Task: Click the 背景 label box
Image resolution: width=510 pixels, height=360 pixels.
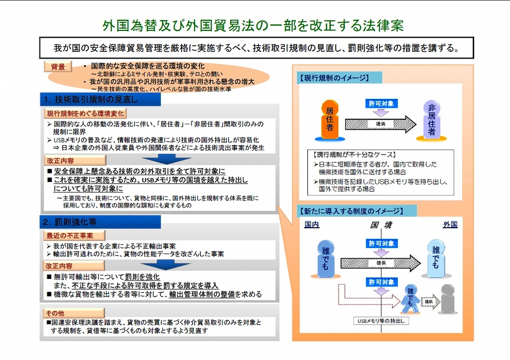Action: coord(58,67)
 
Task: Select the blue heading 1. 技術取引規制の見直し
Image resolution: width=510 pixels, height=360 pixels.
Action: coord(100,99)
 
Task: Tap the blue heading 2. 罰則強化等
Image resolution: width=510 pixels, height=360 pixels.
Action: coord(100,222)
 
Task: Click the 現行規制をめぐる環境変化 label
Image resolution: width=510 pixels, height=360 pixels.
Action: coord(85,113)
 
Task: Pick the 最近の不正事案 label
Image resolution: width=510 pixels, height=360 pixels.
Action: coord(74,235)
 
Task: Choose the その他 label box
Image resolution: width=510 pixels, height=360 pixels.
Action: coord(74,313)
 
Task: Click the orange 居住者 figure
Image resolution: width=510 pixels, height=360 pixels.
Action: coord(330,120)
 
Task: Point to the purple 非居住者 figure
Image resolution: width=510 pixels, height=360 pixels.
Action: coord(431,120)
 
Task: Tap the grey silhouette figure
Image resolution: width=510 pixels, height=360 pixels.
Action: coord(448,299)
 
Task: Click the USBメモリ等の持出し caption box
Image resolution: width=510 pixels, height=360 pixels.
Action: coord(381,321)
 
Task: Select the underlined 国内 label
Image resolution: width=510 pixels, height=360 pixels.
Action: coord(312,224)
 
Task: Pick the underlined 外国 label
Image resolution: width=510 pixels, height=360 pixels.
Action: coord(450,224)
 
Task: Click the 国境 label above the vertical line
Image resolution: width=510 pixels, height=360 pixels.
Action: coord(381,225)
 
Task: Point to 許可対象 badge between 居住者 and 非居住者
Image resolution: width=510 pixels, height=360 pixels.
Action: coord(381,103)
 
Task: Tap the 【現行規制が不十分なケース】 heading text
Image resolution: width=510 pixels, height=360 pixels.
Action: coord(354,155)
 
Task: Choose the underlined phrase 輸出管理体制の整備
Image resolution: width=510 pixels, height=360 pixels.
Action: coord(202,294)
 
